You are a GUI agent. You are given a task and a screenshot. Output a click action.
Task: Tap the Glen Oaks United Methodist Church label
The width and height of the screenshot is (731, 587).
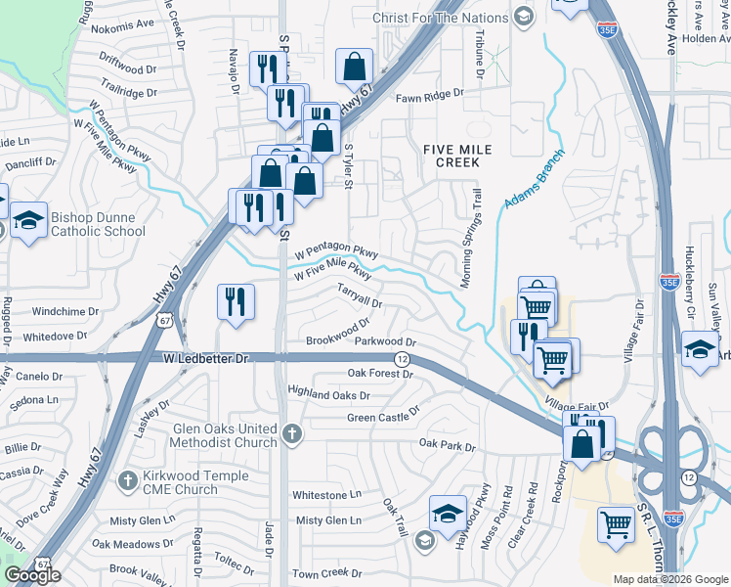coord(224,435)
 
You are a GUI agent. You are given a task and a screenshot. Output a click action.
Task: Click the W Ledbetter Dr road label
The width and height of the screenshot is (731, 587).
coord(200,359)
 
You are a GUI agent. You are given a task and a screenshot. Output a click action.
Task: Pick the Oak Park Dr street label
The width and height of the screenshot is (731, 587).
coord(447,445)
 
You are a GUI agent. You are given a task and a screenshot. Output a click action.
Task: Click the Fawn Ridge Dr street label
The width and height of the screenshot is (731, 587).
coord(429,96)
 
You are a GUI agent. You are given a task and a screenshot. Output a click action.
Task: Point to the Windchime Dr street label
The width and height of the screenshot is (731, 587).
coord(65,312)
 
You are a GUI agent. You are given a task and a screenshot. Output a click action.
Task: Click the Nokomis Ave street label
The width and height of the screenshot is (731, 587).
coord(125,23)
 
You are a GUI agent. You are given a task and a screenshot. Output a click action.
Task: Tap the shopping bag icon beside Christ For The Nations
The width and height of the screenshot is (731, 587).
coord(354,67)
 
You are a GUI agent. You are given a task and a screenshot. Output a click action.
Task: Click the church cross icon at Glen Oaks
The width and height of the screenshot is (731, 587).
coord(290,432)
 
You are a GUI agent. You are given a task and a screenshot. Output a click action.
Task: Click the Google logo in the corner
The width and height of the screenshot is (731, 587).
coord(32,575)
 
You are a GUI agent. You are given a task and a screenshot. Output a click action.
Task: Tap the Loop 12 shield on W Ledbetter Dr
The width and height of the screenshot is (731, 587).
coord(403,360)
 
